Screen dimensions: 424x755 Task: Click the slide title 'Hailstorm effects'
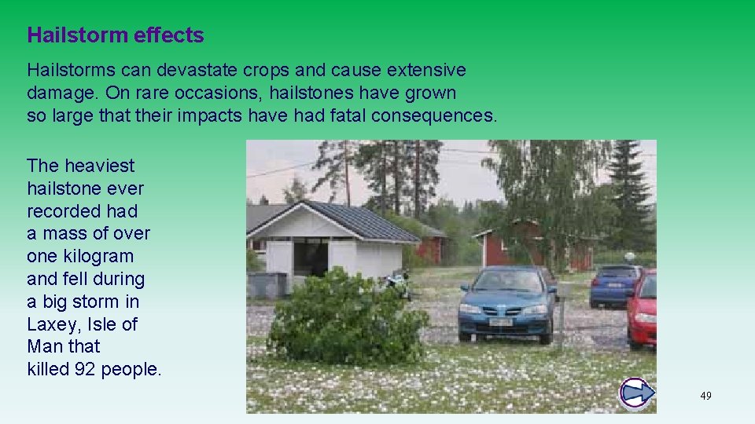pyautogui.click(x=115, y=35)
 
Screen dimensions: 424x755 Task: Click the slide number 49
pyautogui.click(x=705, y=396)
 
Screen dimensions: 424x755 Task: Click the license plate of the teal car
pyautogui.click(x=500, y=322)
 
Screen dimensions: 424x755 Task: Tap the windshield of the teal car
pyautogui.click(x=507, y=282)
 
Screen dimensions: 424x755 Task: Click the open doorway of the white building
pyautogui.click(x=310, y=260)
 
